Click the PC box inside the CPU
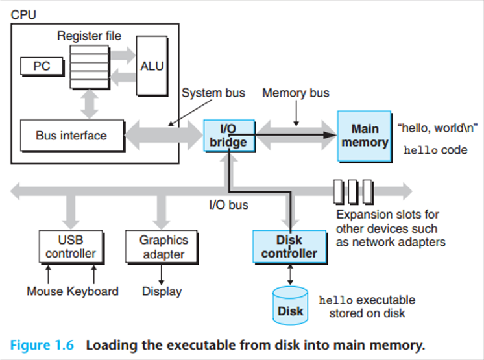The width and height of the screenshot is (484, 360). point(42,66)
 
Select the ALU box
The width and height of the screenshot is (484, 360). point(152,66)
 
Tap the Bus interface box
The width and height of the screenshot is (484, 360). point(73,136)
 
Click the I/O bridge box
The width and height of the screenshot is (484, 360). point(229,136)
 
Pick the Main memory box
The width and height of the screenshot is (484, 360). point(365,136)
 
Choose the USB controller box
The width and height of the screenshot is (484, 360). point(71,246)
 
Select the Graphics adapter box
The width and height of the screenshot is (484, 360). point(162,246)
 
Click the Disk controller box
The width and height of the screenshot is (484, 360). point(289,246)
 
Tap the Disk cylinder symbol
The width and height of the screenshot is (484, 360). point(290,306)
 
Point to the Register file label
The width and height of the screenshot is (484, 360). point(89,36)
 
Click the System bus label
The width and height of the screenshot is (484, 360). point(213,93)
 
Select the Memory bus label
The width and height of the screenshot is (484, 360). point(296,93)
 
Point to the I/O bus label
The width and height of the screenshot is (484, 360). point(229,205)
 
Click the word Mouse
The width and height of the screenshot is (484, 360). point(45,291)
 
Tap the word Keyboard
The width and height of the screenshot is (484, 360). point(93,291)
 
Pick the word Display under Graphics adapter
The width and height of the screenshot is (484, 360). point(162,291)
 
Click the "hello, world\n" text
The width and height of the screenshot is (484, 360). point(438,128)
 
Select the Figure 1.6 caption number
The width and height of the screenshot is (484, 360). point(42,345)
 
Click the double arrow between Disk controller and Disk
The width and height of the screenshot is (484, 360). point(290,275)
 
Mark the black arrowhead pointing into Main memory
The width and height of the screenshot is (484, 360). point(330,135)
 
